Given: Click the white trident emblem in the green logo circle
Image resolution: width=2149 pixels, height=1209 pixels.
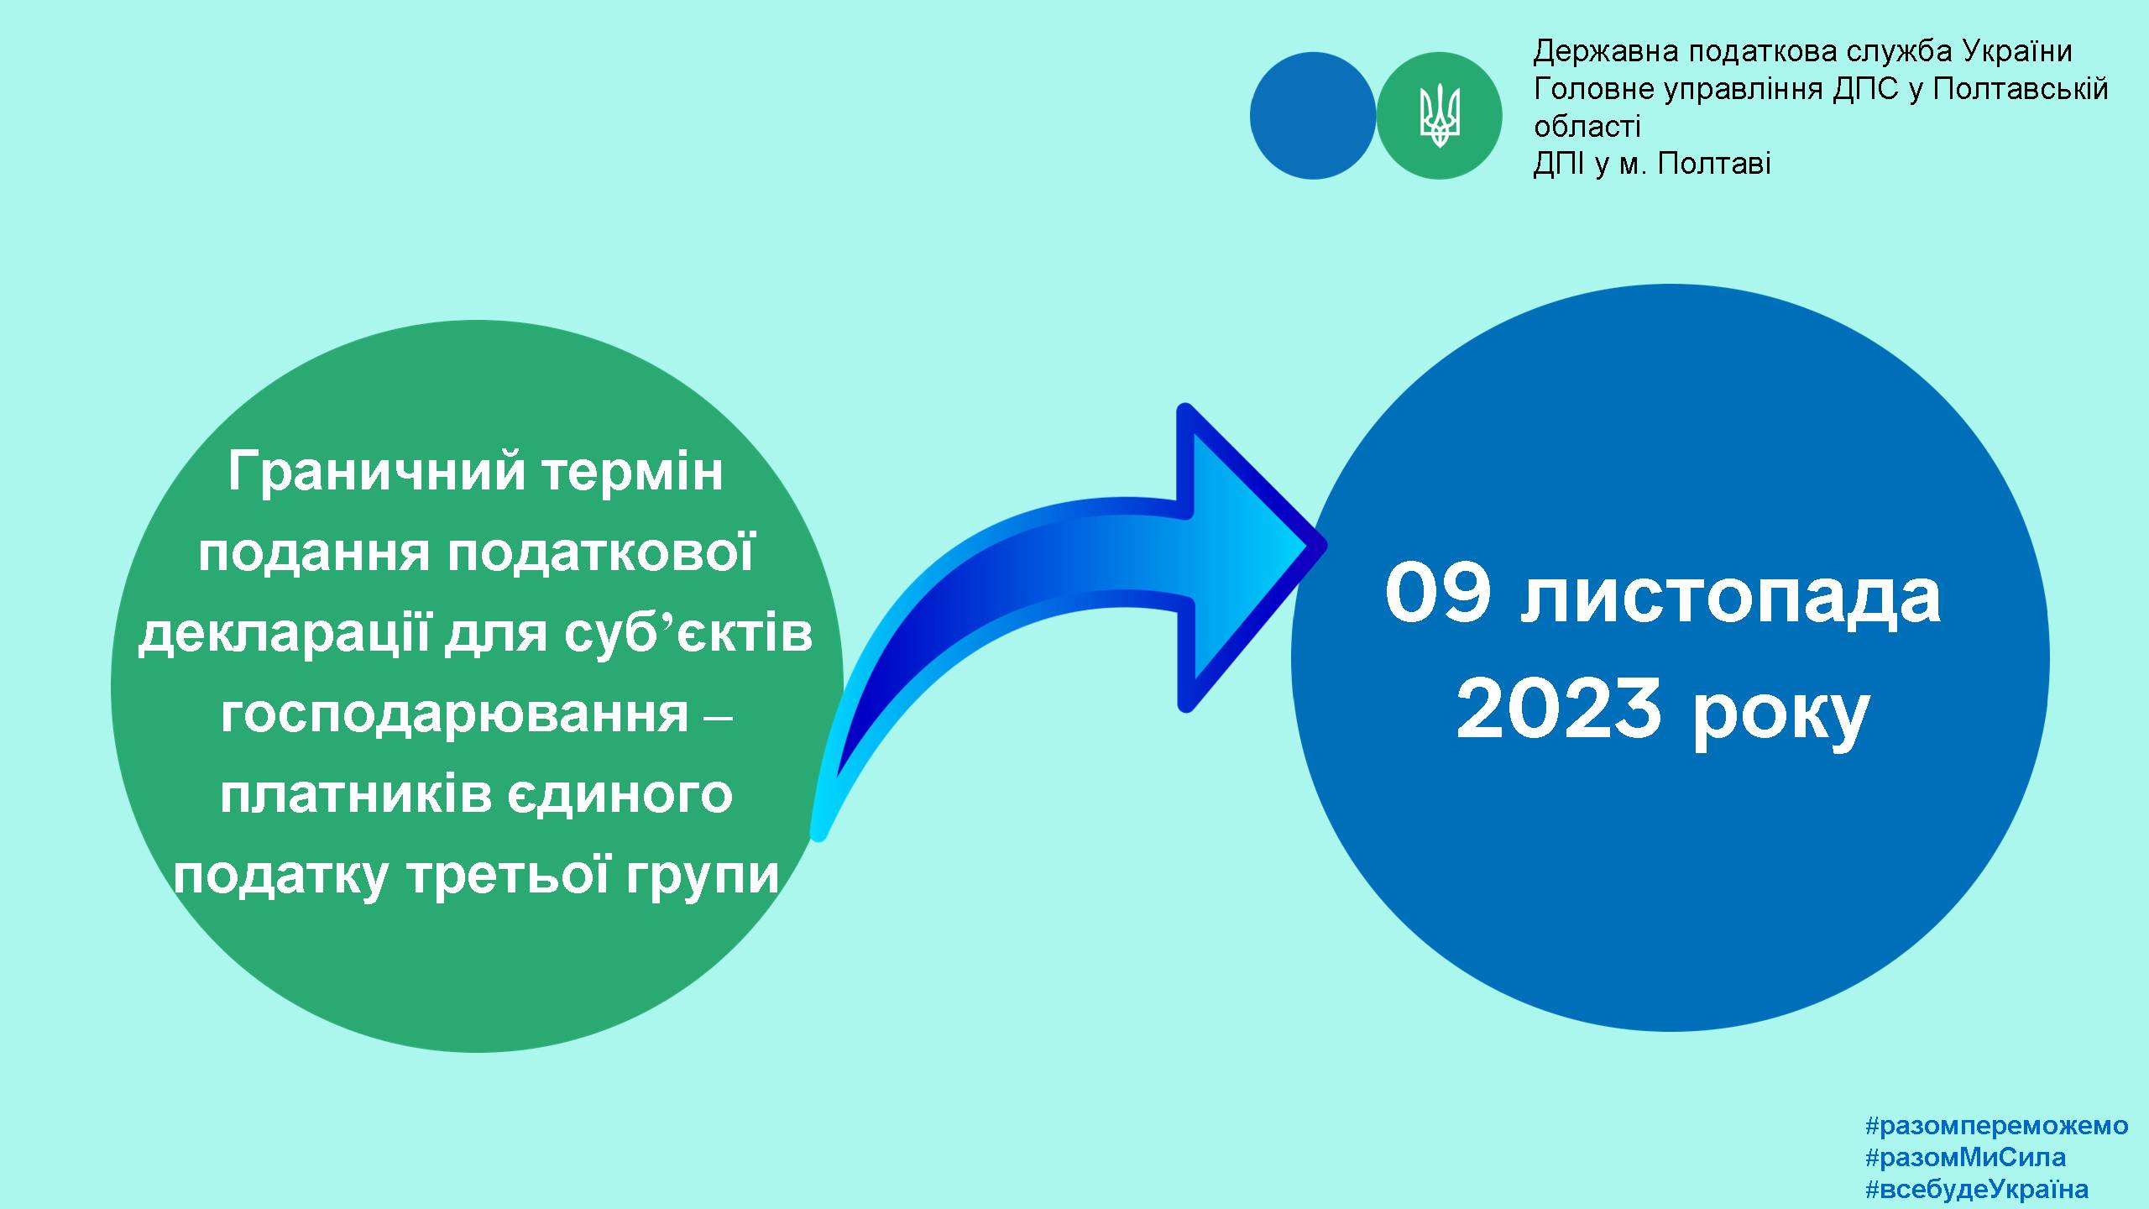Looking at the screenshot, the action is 1440,116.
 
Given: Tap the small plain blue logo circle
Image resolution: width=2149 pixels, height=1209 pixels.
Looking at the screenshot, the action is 1313,116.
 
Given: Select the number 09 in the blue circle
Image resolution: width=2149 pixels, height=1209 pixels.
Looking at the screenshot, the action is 1438,595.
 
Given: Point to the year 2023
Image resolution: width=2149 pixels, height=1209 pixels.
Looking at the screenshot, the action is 1560,709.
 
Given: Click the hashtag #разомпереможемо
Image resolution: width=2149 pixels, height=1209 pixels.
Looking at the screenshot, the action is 1996,1126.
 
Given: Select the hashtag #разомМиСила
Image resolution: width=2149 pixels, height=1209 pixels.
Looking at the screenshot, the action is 1965,1158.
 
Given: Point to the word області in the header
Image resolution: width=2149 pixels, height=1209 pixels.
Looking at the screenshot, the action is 1587,126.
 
